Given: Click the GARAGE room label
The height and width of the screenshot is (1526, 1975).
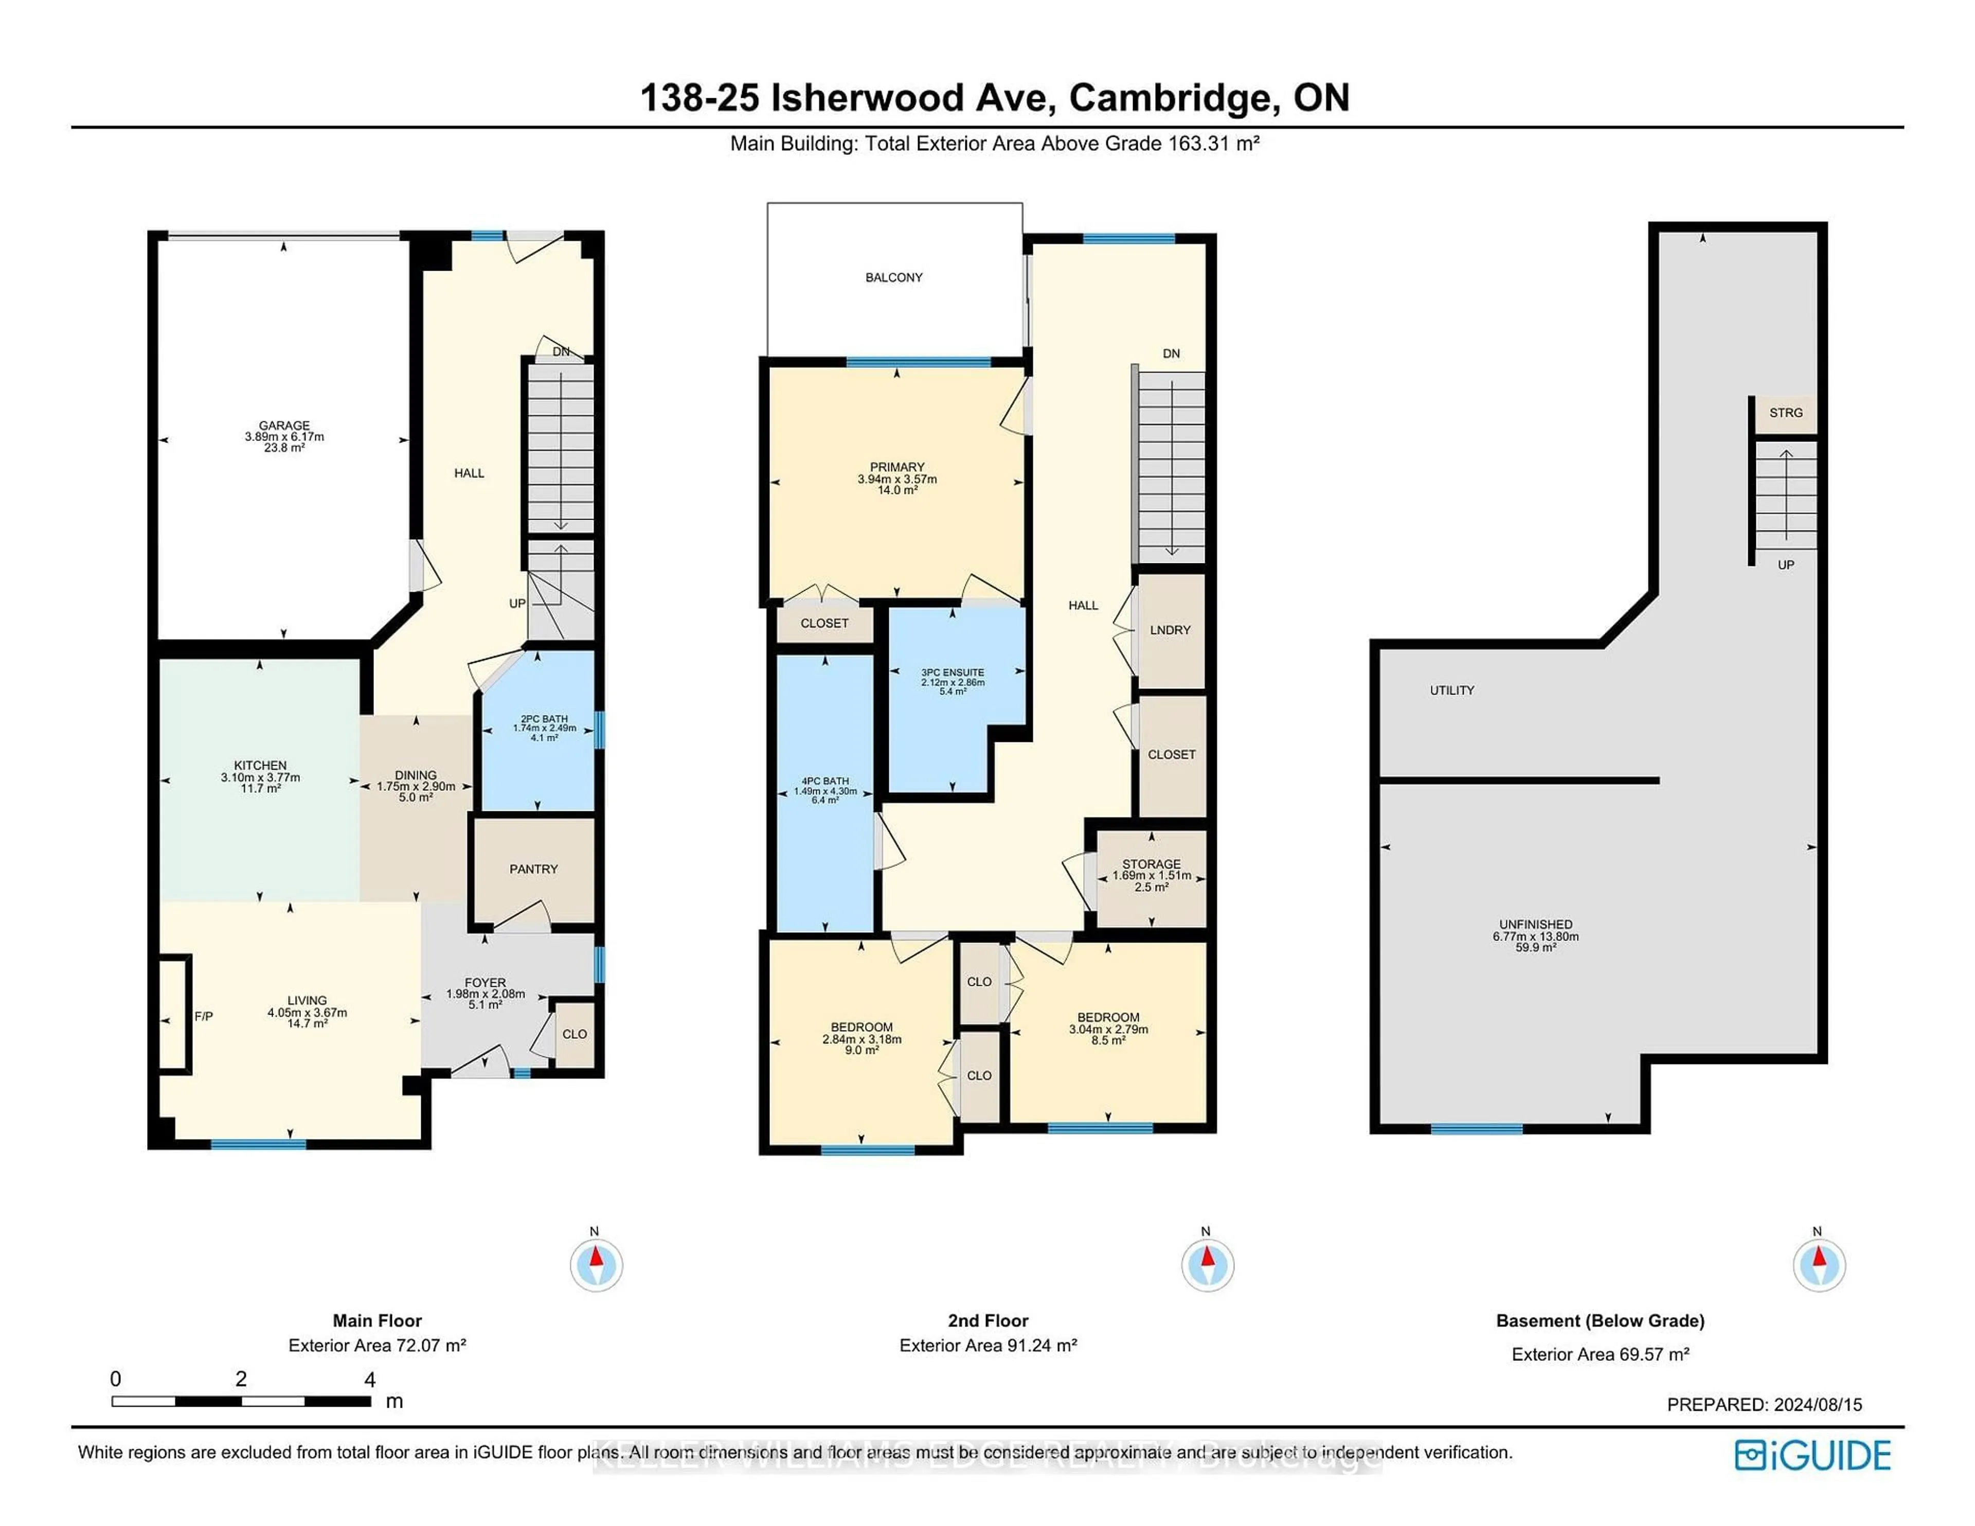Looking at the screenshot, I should [x=284, y=425].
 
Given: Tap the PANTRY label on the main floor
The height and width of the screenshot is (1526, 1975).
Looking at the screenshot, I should [x=533, y=870].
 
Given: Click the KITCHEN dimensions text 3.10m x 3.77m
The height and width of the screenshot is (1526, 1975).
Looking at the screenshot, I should [x=260, y=777].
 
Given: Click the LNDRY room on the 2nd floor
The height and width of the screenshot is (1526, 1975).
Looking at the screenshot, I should [x=1170, y=630].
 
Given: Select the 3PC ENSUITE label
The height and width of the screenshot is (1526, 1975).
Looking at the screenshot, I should [x=952, y=672].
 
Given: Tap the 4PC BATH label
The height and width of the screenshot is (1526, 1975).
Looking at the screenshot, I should [x=825, y=780].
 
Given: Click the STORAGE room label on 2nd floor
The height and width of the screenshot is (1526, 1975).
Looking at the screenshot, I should [x=1151, y=864].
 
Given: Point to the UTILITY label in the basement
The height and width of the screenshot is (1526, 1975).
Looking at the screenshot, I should [x=1451, y=690].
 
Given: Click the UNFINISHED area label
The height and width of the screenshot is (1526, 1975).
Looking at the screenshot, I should [x=1535, y=926].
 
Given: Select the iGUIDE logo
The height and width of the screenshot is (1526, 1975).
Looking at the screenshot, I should [x=1812, y=1456].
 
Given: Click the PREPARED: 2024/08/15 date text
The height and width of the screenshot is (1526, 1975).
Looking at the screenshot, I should [x=1764, y=1405].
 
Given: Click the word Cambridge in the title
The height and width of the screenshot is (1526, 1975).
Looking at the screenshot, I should [x=1173, y=98].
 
